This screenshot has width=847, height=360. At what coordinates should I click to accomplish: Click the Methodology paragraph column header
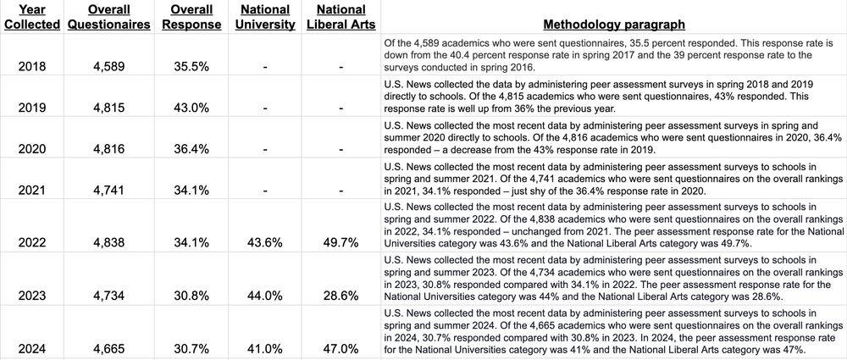pos(614,25)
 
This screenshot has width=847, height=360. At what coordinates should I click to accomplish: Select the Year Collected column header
pos(32,17)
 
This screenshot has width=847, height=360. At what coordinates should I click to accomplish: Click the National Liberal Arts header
pos(341,17)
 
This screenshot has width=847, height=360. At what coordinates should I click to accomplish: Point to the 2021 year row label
pos(32,190)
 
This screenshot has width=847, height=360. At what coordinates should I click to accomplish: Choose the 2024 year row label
pos(32,348)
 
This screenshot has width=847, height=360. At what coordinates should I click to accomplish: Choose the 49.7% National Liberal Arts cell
pos(341,242)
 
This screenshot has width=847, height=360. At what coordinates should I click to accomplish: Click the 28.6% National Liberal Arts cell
pos(341,296)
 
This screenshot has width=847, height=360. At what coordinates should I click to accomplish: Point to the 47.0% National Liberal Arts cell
pos(341,348)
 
